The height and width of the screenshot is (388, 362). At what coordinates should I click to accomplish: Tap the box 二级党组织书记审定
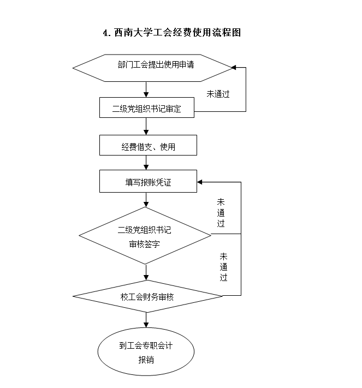(x=147, y=108)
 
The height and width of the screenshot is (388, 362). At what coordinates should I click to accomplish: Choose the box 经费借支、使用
(x=147, y=146)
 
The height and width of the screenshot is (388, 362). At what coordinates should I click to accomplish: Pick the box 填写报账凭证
(x=147, y=182)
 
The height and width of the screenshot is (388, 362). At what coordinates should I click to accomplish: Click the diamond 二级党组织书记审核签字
(x=145, y=236)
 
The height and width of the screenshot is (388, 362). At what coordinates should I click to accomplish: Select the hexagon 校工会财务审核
(x=147, y=297)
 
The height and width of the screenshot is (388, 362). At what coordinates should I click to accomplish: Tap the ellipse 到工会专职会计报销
(x=146, y=351)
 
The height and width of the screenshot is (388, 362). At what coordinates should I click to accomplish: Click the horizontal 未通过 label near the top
(x=217, y=93)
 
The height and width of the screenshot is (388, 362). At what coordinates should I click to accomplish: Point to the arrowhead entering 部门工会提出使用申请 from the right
(x=233, y=68)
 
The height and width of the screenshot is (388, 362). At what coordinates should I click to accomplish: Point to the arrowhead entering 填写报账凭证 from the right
(x=200, y=182)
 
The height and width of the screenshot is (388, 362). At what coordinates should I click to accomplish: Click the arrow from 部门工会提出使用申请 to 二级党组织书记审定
(x=146, y=89)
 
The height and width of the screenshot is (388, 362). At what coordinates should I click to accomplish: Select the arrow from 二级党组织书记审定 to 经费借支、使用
(x=146, y=126)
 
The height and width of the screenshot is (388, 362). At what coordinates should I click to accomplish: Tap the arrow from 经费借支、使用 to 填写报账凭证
(x=146, y=163)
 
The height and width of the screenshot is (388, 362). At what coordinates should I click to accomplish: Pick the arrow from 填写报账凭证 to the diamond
(x=146, y=200)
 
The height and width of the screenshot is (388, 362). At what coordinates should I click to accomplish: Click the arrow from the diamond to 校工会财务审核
(x=146, y=272)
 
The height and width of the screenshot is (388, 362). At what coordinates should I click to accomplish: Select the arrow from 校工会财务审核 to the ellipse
(x=146, y=320)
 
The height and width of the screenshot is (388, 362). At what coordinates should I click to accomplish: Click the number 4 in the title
(x=105, y=33)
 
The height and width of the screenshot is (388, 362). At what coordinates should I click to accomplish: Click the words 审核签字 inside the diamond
(x=145, y=243)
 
